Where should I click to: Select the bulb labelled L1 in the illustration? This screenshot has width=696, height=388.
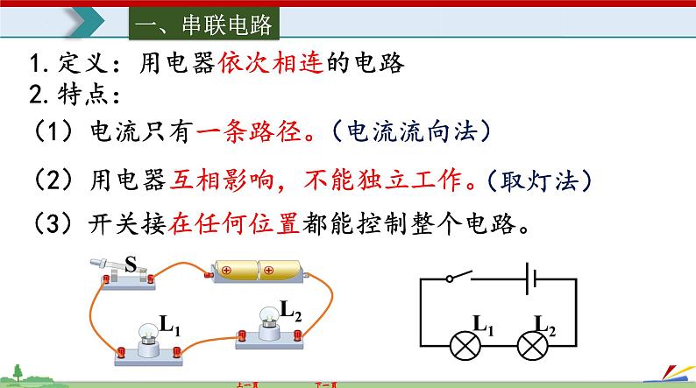[147, 338]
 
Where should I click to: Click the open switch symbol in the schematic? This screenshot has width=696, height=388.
[461, 277]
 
